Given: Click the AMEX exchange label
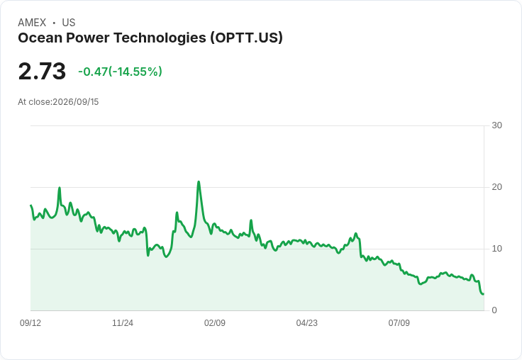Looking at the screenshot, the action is click(32, 23).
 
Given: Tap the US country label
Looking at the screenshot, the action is click(69, 23).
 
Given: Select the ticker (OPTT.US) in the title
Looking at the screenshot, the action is click(246, 38).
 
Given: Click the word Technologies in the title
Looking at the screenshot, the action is click(160, 38).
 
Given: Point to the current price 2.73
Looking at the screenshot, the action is click(42, 71).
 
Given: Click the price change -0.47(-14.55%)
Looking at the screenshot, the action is click(120, 72).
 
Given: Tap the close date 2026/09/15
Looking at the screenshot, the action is click(76, 102).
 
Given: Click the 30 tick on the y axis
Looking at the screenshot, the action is click(496, 125).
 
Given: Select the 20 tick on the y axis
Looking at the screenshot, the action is click(496, 187).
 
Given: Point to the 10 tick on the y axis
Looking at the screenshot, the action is click(496, 249).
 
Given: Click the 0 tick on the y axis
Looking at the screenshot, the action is click(494, 310).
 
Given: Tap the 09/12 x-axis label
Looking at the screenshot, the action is click(30, 322).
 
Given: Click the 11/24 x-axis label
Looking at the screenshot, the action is click(123, 322).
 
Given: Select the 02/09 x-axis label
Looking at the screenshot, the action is click(215, 322).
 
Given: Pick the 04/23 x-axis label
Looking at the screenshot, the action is click(307, 322).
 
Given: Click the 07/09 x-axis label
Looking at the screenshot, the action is click(399, 322).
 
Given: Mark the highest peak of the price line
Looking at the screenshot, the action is click(199, 181).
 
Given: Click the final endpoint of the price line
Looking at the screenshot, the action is click(484, 294).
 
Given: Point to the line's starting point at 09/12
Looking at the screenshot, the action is click(30, 206).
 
